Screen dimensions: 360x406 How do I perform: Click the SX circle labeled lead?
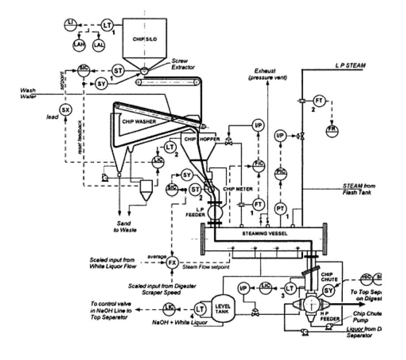(65, 109)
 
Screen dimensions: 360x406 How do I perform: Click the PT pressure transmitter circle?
(280, 207)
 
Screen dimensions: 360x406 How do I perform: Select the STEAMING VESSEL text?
(263, 233)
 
